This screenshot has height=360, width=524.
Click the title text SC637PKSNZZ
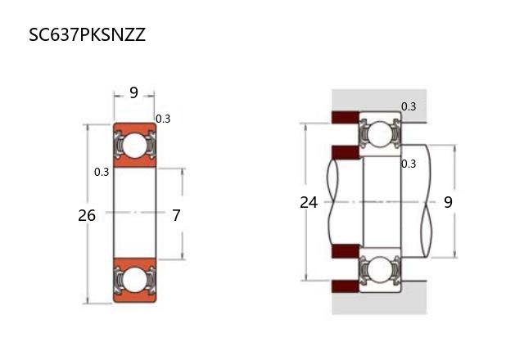(87, 36)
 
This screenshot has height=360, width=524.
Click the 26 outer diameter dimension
(87, 216)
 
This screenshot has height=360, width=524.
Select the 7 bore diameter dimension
(176, 216)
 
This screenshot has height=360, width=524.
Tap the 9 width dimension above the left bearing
(133, 93)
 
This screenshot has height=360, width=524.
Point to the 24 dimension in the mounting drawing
(309, 202)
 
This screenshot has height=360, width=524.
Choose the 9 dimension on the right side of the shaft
(448, 202)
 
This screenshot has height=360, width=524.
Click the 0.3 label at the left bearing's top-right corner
(163, 119)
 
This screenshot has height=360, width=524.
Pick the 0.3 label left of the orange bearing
(102, 172)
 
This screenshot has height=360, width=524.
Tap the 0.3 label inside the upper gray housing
(409, 106)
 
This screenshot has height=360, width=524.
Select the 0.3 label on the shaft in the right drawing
(409, 164)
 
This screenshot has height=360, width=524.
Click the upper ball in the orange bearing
(133, 146)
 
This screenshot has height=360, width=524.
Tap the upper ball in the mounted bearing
(380, 133)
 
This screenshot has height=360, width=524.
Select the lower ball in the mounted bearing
(380, 270)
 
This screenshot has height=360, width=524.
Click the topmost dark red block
(345, 118)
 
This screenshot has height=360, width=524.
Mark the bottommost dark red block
(345, 286)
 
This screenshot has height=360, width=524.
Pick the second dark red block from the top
(345, 152)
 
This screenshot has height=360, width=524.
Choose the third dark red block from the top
(345, 251)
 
